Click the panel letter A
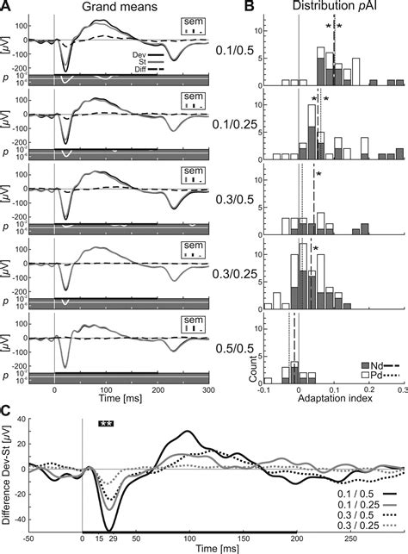tap(7, 7)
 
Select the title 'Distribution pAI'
tap(328, 8)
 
